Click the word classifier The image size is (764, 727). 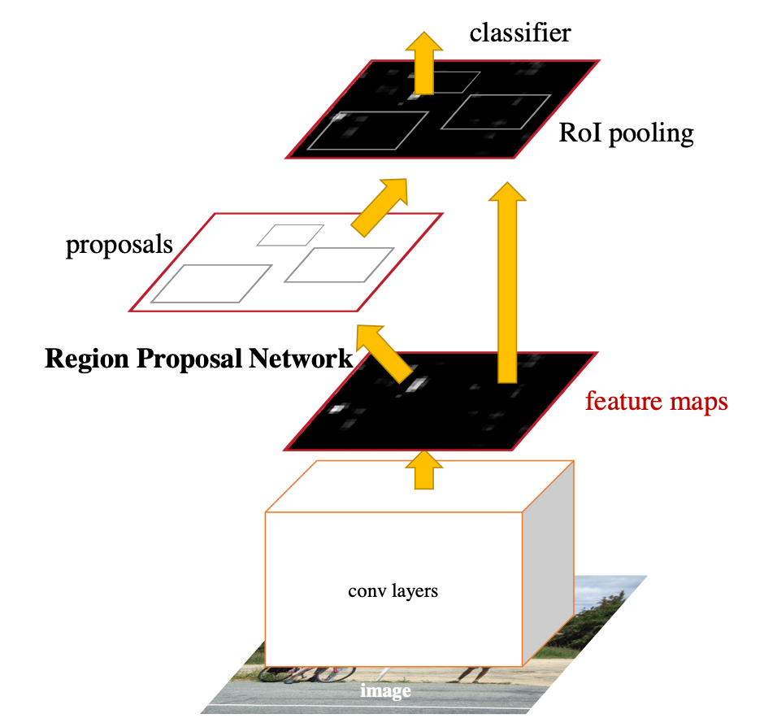[x=520, y=33]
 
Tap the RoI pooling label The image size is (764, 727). [x=626, y=133]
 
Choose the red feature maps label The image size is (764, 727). [x=656, y=401]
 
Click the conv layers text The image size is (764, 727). [x=393, y=591]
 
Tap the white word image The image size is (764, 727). [x=385, y=692]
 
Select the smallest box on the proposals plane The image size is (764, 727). [x=290, y=234]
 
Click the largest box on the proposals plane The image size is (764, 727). [x=211, y=283]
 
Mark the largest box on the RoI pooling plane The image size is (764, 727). [x=369, y=131]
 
